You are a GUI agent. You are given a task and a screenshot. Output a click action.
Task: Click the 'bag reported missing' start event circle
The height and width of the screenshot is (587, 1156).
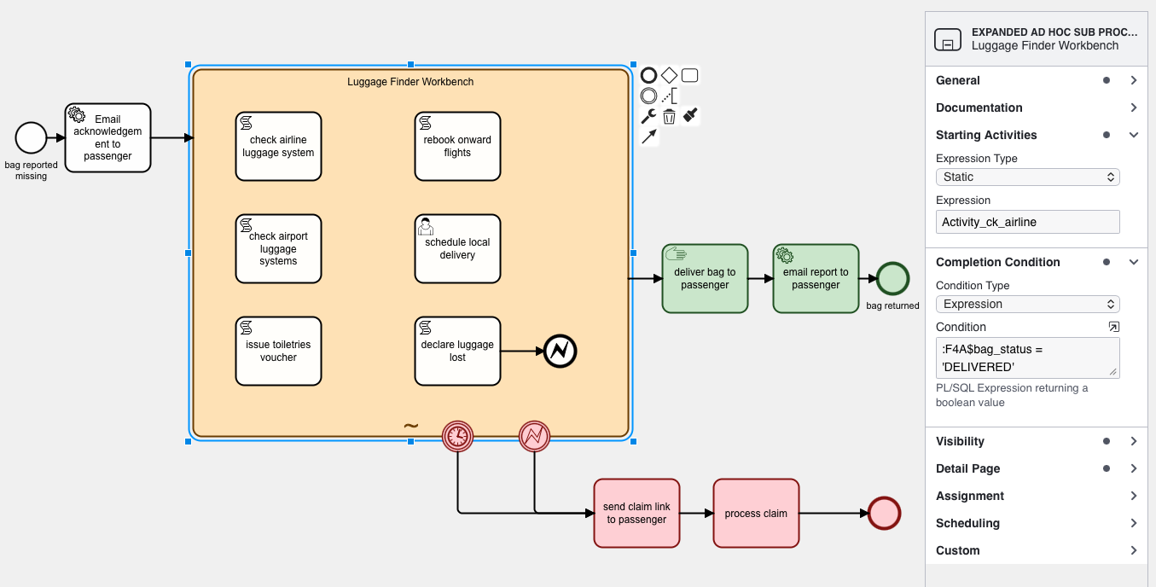tap(31, 137)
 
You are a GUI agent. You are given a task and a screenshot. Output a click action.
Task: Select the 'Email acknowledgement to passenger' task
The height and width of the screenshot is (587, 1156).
tap(107, 138)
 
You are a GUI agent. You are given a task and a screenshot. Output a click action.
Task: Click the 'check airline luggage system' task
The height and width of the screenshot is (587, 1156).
tap(278, 147)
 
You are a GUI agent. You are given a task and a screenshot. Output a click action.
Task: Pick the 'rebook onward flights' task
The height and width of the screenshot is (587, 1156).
tap(457, 147)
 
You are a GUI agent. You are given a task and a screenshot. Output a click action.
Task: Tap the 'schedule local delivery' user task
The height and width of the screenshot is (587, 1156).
tap(457, 249)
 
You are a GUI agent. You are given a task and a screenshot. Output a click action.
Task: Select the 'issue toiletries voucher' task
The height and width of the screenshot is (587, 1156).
tap(278, 352)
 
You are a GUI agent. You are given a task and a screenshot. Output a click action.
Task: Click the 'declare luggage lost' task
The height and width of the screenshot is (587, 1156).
tap(457, 352)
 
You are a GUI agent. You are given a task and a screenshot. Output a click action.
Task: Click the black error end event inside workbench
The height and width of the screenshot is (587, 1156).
tap(561, 351)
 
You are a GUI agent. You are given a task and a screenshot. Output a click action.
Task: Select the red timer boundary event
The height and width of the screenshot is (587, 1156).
tap(457, 436)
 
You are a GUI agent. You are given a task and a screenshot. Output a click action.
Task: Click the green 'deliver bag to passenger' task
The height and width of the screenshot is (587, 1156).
tap(705, 279)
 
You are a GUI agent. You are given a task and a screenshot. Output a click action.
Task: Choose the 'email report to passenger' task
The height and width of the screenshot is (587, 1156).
tap(816, 279)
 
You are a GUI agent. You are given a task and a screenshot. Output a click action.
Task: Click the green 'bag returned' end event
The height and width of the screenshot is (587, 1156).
tap(892, 279)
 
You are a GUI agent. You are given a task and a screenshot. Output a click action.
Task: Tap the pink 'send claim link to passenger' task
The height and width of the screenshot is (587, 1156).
tap(636, 514)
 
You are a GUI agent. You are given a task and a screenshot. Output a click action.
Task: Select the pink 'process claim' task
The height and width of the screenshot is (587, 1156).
tap(756, 514)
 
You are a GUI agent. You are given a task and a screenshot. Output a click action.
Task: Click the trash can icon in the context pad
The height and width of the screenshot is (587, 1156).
tap(669, 116)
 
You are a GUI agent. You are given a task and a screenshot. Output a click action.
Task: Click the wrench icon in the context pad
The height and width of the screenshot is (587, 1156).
tap(648, 116)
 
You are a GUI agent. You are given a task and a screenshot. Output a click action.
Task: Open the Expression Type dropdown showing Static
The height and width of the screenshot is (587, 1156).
tap(1027, 177)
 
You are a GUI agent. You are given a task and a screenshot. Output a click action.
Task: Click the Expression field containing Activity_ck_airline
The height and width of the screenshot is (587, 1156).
tap(1027, 222)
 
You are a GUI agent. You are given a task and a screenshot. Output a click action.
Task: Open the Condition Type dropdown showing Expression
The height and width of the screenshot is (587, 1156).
tap(1027, 304)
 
